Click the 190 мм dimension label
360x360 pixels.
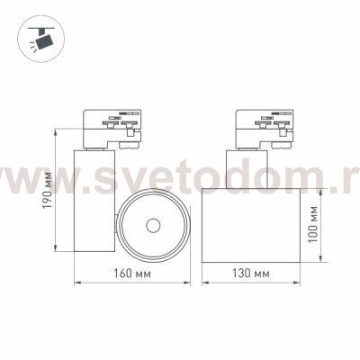click(x=48, y=191)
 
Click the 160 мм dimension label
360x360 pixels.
click(x=132, y=274)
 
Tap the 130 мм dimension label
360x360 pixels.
click(x=251, y=274)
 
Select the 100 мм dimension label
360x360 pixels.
click(x=312, y=224)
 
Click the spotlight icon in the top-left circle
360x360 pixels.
click(x=42, y=39)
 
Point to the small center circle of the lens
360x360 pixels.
click(x=153, y=225)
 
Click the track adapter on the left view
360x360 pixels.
click(x=112, y=129)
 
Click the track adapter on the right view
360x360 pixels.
click(x=264, y=129)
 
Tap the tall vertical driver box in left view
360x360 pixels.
click(x=94, y=200)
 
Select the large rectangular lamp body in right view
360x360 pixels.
click(x=251, y=225)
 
